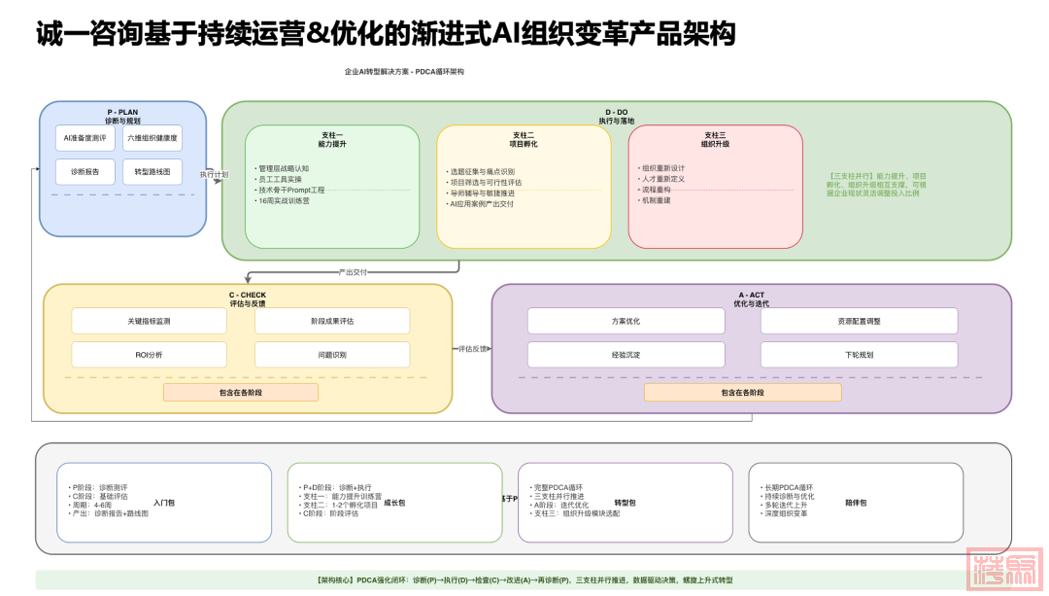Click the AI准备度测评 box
84,138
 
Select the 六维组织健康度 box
152,138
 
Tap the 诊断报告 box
84,171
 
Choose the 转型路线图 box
152,171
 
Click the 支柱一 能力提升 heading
331,138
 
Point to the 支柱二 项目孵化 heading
524,138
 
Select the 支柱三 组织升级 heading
715,138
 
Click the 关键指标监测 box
149,321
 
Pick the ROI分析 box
149,355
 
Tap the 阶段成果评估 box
331,321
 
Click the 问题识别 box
331,355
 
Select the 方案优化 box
626,321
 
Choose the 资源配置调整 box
859,321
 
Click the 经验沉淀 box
626,355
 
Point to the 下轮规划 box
859,355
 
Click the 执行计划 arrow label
214,174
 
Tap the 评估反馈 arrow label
473,348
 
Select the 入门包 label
164,503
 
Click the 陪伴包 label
856,503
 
